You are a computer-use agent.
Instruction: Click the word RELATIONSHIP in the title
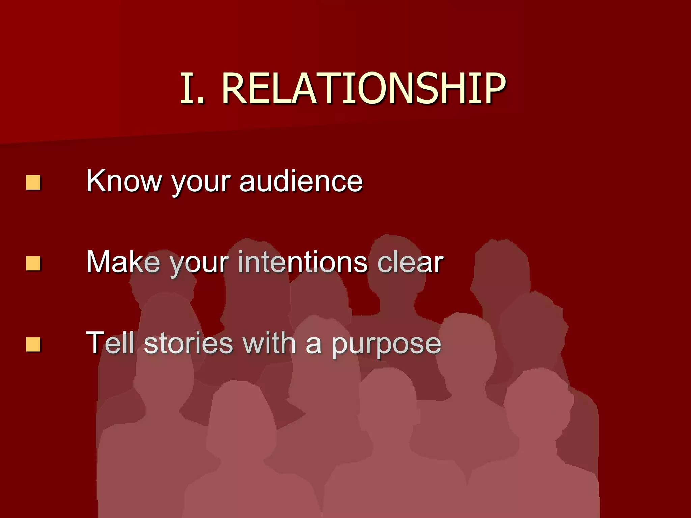pos(364,88)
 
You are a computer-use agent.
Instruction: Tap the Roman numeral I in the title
pos(187,88)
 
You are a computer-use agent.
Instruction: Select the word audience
pos(301,181)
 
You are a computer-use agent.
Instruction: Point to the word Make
pos(123,262)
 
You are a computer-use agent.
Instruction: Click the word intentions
pos(303,262)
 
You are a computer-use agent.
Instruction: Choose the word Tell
pos(111,343)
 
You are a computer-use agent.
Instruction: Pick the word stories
pos(189,343)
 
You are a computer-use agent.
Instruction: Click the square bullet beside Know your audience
pos(33,182)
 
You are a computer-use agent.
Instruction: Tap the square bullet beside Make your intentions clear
pos(33,263)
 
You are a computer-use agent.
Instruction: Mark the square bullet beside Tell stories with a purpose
pos(33,344)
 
